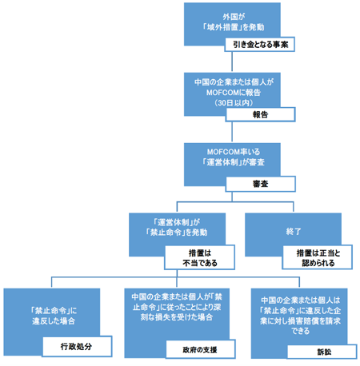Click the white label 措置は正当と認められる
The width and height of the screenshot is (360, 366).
[314, 257]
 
